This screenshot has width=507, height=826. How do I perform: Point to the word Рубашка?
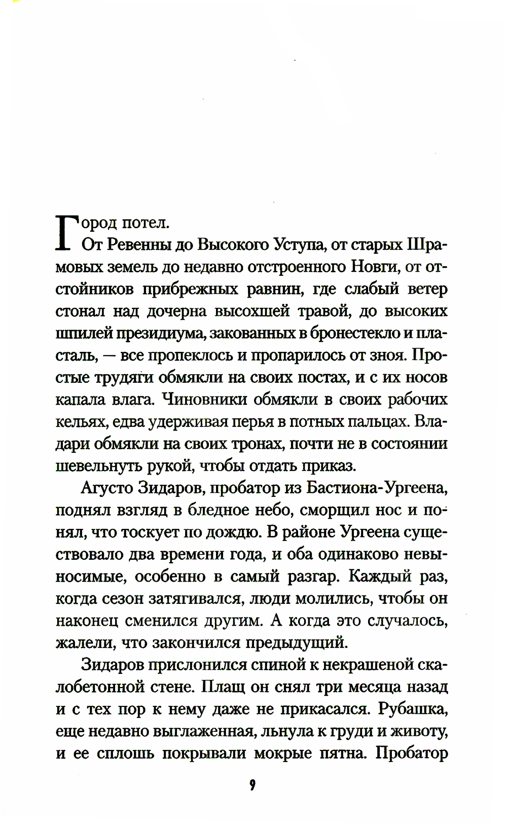click(413, 709)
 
